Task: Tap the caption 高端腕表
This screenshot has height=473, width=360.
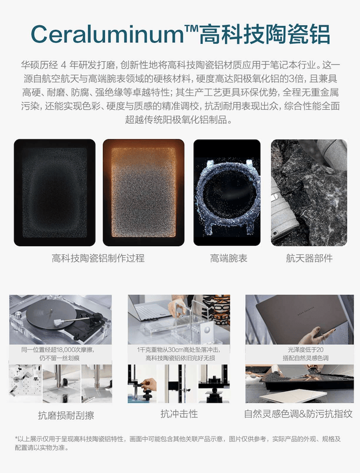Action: point(228,259)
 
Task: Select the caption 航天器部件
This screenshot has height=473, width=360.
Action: point(309,259)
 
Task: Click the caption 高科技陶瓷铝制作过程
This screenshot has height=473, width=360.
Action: point(98,259)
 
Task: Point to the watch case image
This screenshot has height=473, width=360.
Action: point(227,193)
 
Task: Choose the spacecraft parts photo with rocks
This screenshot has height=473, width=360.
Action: point(308,193)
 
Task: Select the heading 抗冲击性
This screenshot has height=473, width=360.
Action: point(179,414)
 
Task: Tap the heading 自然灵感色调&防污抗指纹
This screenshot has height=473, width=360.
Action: point(298,414)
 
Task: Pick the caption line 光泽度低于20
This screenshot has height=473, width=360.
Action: point(299,349)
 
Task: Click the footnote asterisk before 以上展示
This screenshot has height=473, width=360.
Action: point(16,439)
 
